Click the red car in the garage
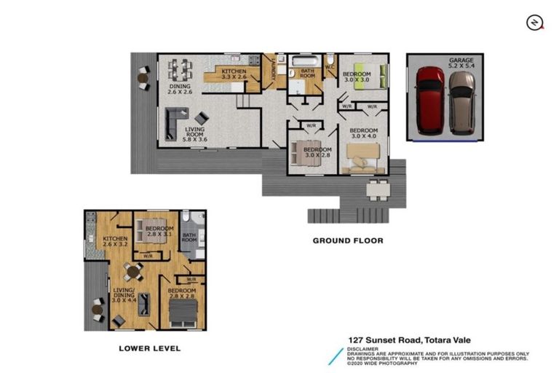tap(429, 99)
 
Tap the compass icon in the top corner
tap(535, 23)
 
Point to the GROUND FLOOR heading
tap(347, 240)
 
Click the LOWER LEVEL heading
tap(149, 348)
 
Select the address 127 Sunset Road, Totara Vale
tap(410, 339)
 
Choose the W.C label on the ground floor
tap(329, 66)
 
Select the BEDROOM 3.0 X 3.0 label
tap(357, 76)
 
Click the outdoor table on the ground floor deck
tap(377, 190)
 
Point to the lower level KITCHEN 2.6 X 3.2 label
tap(115, 242)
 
